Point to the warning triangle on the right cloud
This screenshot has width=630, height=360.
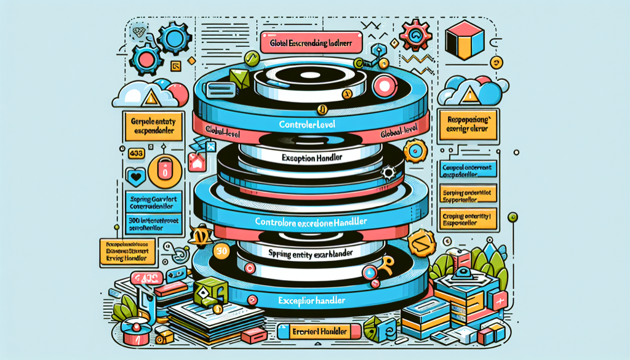(469, 94)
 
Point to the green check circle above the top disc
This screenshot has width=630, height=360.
(250, 59)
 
